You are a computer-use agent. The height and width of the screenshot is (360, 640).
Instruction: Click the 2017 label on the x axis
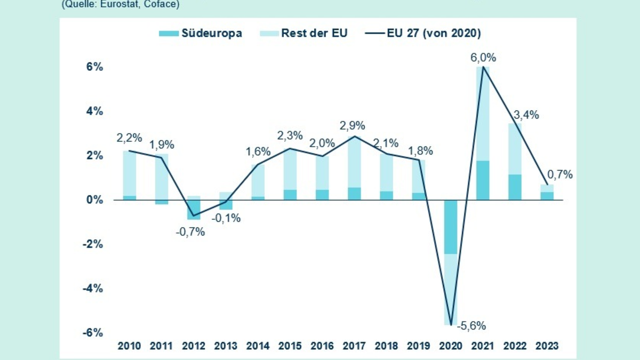pyautogui.click(x=354, y=346)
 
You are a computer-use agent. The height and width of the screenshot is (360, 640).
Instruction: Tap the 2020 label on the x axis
pyautogui.click(x=451, y=346)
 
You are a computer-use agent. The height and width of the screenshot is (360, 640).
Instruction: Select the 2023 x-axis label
pyautogui.click(x=548, y=346)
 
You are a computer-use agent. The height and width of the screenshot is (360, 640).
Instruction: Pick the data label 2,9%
pyautogui.click(x=353, y=126)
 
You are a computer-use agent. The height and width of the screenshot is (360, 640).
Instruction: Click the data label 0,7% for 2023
pyautogui.click(x=560, y=174)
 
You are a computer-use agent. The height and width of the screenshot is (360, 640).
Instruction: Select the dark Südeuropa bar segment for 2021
pyautogui.click(x=483, y=180)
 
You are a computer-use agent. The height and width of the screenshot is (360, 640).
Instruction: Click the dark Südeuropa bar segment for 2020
pyautogui.click(x=451, y=227)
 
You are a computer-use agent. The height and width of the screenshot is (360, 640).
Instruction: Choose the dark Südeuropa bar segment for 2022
pyautogui.click(x=515, y=187)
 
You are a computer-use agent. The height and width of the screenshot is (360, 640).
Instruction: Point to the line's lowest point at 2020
pyautogui.click(x=451, y=324)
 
